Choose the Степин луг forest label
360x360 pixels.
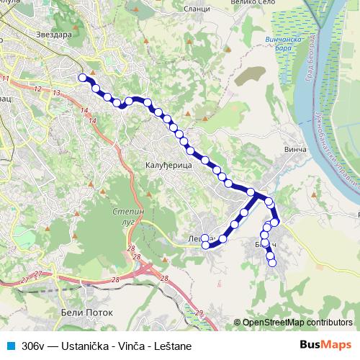tap(130, 217)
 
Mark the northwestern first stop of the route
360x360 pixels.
tap(83, 78)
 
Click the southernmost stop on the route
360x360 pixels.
tap(272, 264)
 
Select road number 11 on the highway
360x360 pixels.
tap(6, 78)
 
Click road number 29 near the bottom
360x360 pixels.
tap(200, 312)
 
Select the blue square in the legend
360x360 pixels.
tap(10, 346)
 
